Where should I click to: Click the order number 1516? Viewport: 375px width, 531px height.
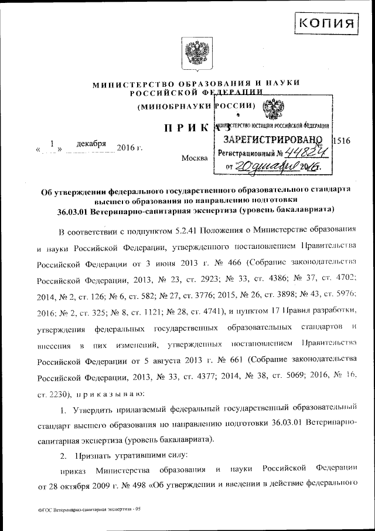point(341,141)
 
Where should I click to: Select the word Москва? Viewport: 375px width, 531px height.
point(195,158)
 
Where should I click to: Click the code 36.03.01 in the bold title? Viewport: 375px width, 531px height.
point(70,209)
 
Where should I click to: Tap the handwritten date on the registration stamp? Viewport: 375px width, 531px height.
point(281,167)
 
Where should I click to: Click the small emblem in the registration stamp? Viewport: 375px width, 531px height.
point(274,109)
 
